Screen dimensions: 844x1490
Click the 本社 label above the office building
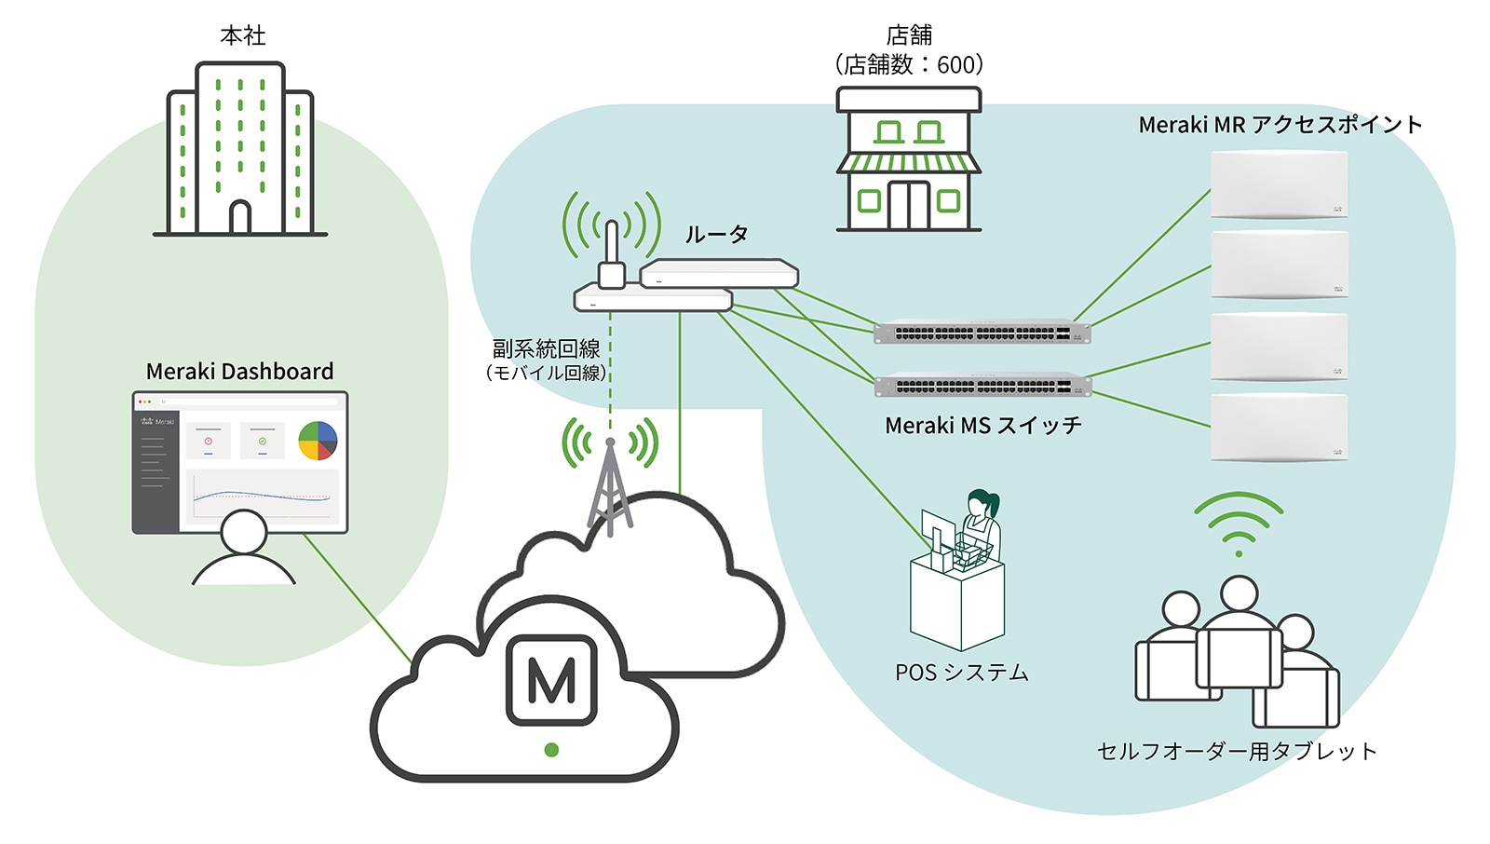point(243,35)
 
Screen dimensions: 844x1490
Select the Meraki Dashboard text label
point(239,372)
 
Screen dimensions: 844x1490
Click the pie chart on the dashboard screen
point(318,441)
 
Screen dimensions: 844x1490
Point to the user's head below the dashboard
point(244,532)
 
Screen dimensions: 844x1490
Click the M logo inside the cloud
point(551,680)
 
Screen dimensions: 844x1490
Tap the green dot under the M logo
point(551,750)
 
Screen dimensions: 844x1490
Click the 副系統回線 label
point(546,348)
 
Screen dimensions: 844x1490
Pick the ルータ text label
point(716,235)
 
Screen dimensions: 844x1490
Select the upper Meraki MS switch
point(982,332)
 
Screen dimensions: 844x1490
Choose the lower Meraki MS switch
point(982,385)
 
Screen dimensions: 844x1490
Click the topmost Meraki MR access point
point(1279,184)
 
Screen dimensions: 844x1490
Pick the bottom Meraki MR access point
point(1279,427)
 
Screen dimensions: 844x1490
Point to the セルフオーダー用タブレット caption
point(1237,752)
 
